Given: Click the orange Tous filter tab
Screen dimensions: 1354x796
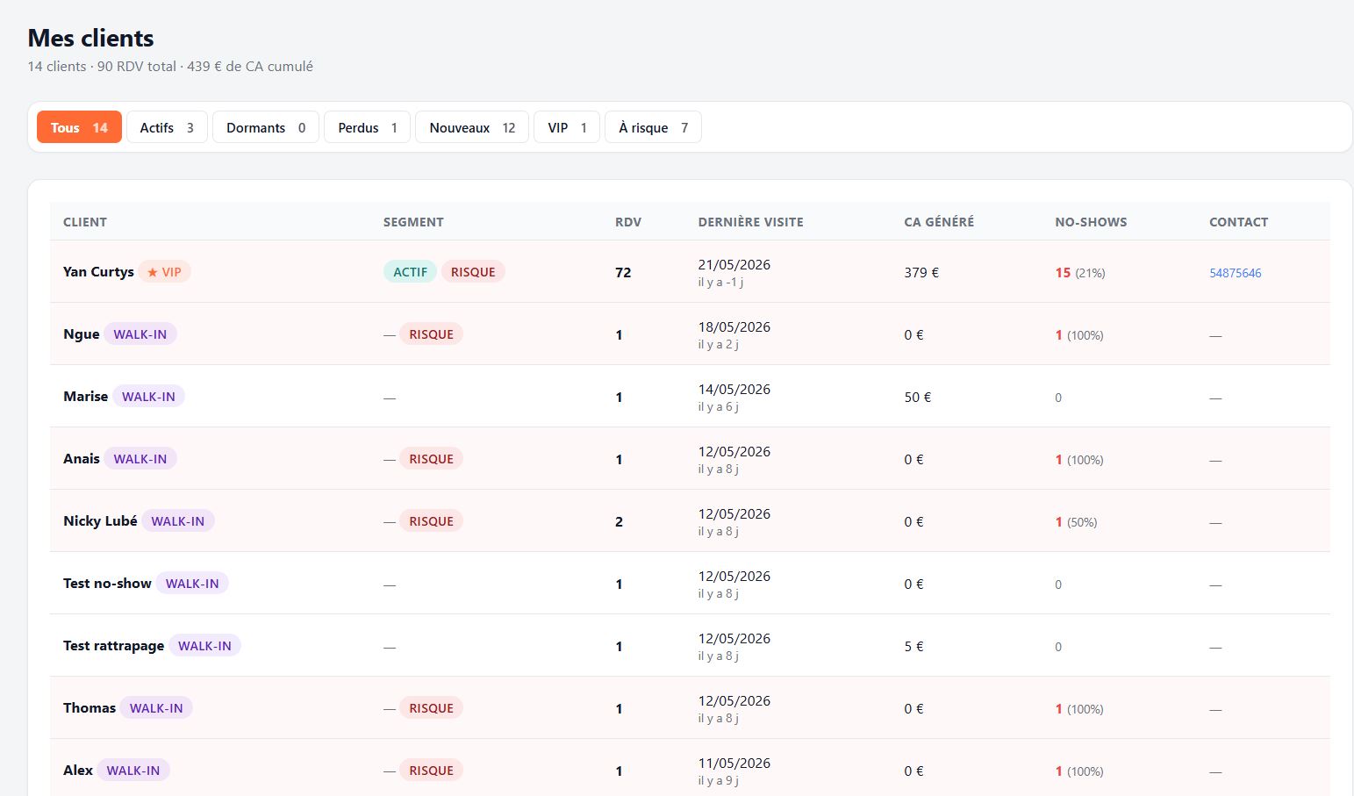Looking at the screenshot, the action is (79, 127).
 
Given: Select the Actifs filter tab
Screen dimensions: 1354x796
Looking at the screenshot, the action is (167, 127).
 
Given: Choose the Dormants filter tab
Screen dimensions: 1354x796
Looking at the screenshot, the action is (266, 127).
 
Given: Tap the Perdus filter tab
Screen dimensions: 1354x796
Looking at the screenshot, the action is (368, 127).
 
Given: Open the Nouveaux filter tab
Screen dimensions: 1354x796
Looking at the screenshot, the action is (472, 127).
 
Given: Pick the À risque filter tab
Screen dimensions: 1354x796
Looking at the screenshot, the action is (654, 127).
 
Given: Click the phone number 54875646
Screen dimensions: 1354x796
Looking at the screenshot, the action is (1235, 273).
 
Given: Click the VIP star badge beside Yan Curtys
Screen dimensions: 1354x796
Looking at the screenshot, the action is (164, 272).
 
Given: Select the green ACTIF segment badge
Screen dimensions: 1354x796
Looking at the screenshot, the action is (410, 272).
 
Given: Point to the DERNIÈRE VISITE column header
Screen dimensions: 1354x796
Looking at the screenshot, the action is (750, 222).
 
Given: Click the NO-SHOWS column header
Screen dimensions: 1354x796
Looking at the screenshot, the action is (1091, 222).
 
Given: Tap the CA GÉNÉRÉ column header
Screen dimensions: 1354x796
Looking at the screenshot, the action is (939, 222).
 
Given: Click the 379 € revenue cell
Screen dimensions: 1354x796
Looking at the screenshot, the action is (921, 273).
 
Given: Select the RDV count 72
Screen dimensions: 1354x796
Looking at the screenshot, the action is (623, 273).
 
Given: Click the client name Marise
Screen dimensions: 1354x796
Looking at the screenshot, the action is (85, 397).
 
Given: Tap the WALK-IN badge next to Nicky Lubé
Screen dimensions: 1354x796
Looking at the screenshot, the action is (178, 521).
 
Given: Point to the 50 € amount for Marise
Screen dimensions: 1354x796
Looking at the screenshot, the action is (918, 397).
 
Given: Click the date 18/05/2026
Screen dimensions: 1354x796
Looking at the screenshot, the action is (734, 327).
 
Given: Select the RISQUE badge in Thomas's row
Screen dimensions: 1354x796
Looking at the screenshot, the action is (431, 707).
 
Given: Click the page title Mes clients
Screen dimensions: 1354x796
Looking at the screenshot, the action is (90, 38).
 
